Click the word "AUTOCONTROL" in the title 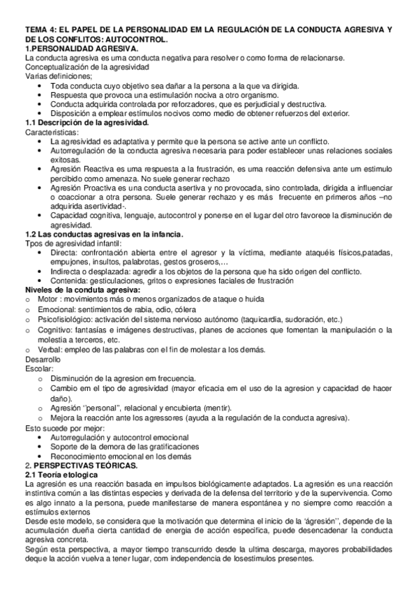(x=137, y=40)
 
